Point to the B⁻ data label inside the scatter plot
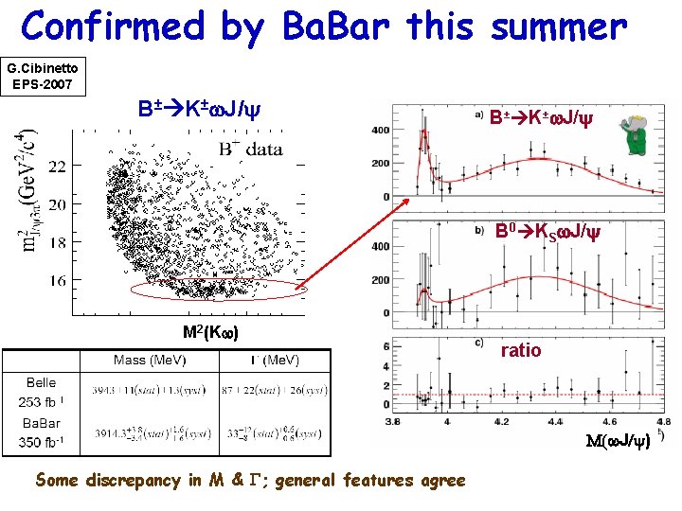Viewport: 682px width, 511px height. [250, 148]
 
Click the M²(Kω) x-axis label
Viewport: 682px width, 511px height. [210, 332]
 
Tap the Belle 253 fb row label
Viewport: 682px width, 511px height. [42, 392]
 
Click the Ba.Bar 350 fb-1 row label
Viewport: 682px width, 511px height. [42, 432]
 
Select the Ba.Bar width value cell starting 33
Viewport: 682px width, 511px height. [275, 433]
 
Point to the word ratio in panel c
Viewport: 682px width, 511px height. [521, 350]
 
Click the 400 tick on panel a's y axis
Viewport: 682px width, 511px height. [381, 130]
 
